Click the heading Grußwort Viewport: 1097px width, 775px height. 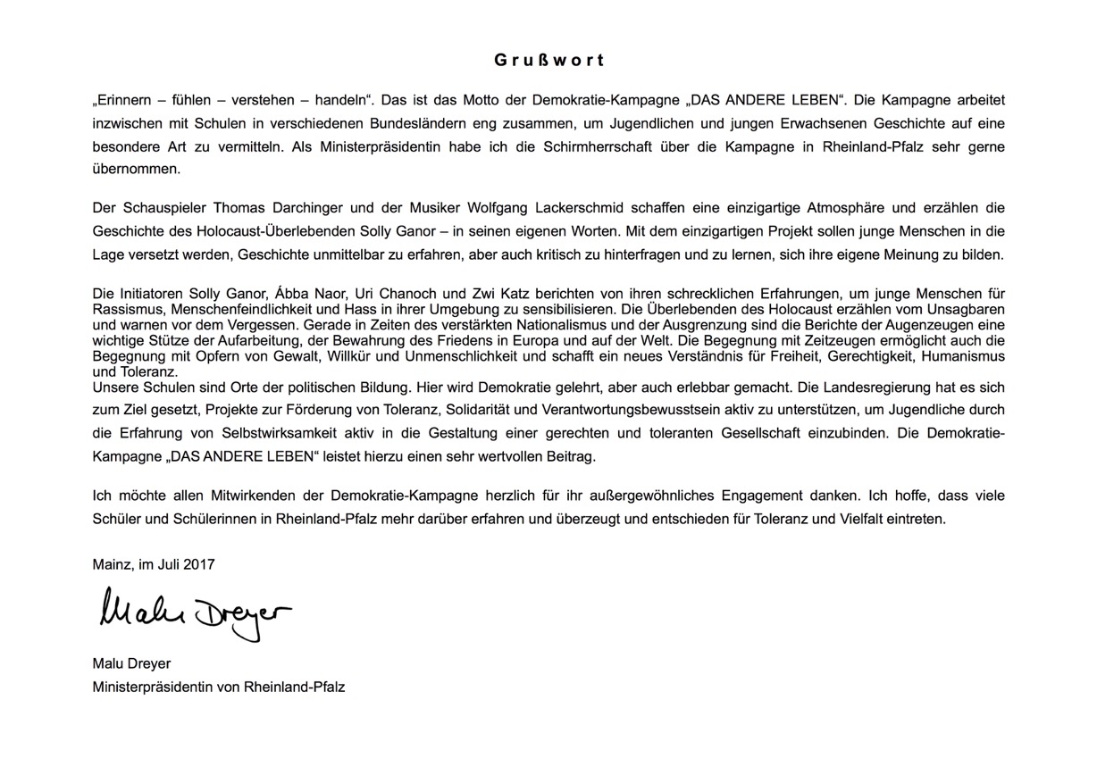548,61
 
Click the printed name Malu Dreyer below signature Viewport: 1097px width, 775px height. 131,664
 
